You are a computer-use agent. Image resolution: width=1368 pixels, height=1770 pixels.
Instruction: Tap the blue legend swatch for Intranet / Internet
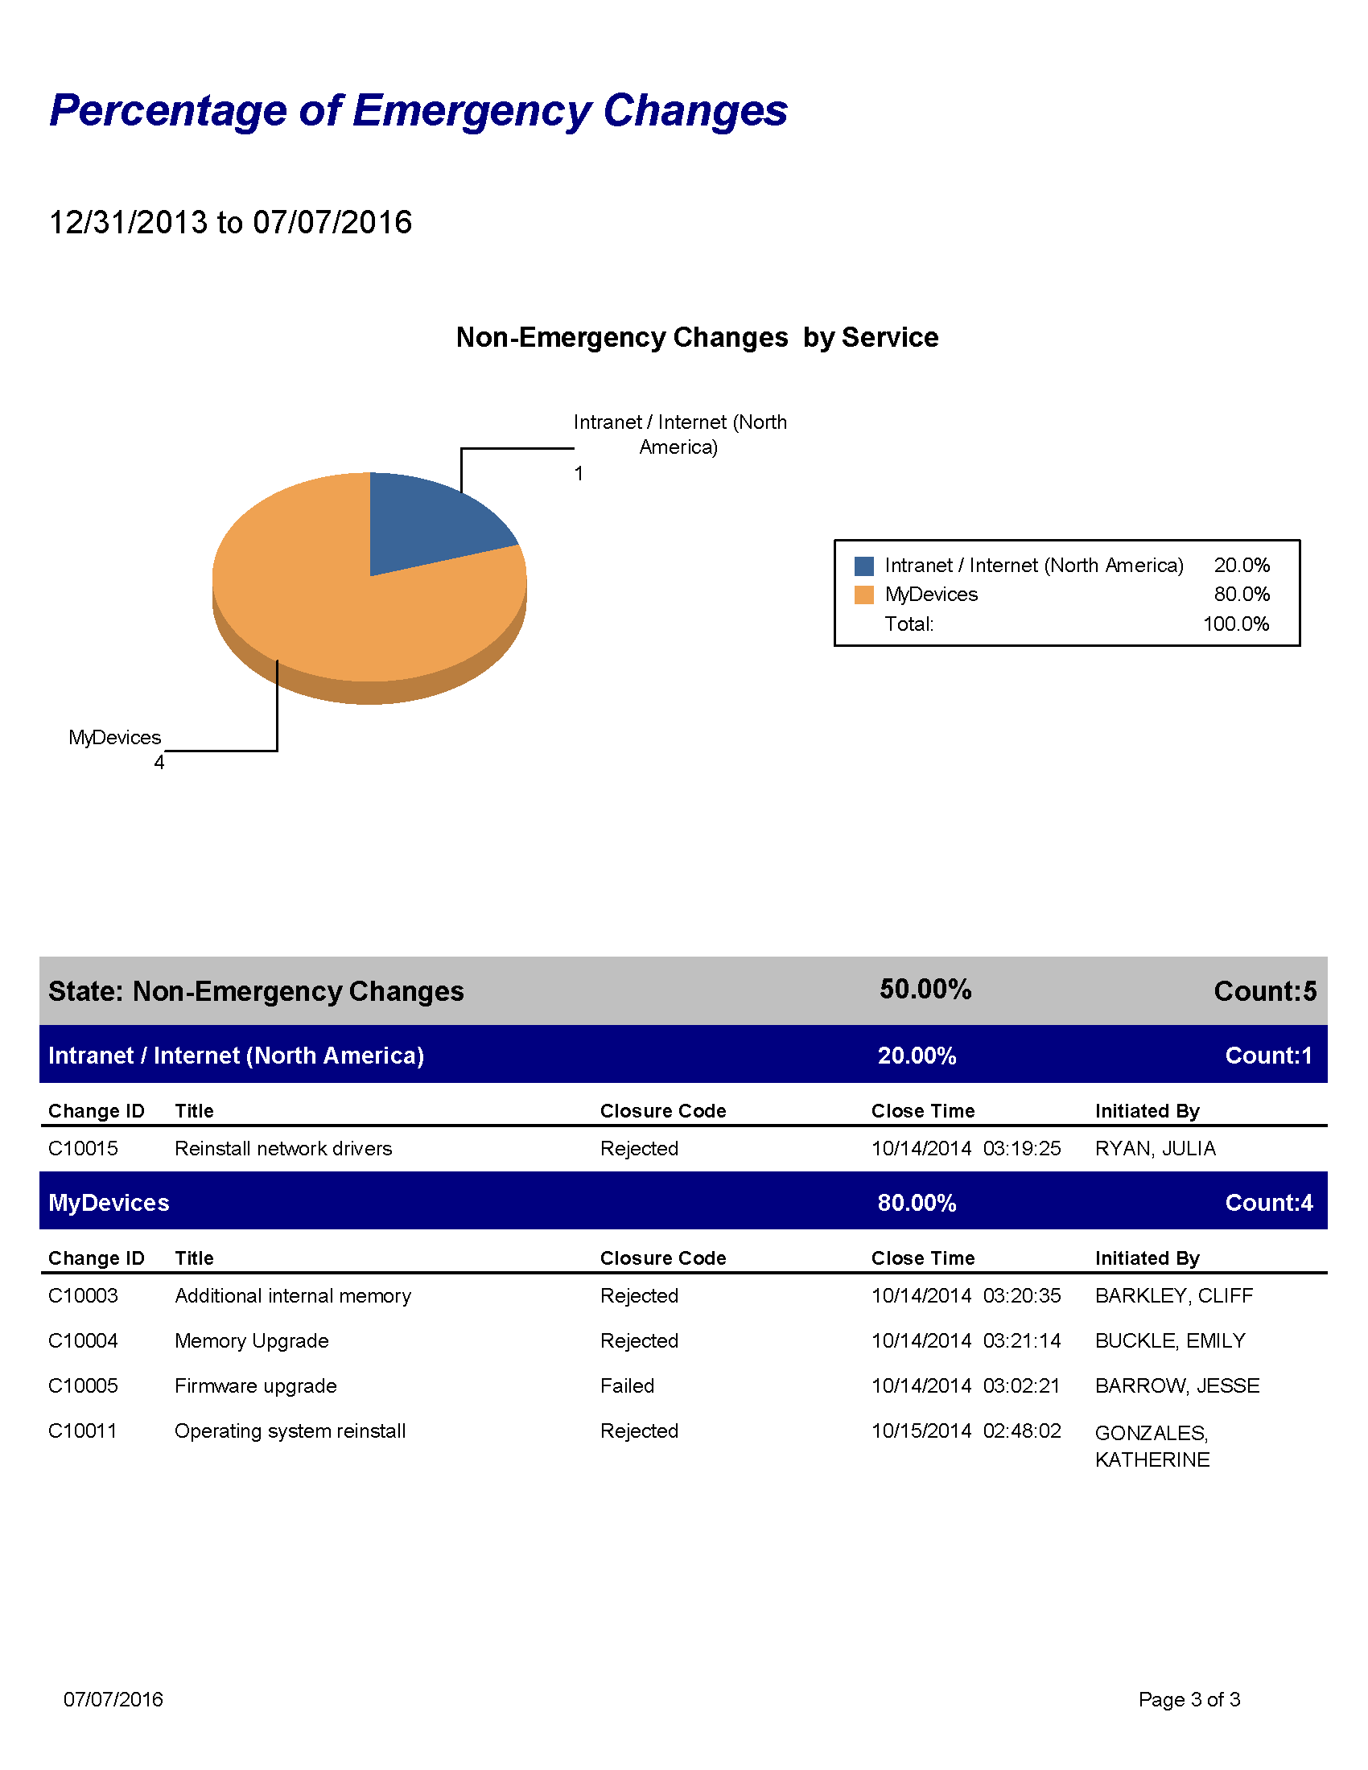pos(864,566)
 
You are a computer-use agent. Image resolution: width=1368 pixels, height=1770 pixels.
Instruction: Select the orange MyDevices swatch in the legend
pos(864,595)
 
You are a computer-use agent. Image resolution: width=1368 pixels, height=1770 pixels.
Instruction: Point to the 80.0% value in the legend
pos(1241,595)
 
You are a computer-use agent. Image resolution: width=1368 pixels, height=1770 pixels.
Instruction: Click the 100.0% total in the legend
pos(1235,624)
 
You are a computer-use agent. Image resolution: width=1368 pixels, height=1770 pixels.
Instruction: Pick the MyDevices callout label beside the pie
pos(115,738)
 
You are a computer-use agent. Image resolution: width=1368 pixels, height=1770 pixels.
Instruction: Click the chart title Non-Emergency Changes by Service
pos(697,337)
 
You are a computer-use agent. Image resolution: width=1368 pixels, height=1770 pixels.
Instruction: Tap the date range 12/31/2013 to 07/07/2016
pos(231,222)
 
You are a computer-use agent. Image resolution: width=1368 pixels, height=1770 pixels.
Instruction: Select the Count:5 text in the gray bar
pos(1264,991)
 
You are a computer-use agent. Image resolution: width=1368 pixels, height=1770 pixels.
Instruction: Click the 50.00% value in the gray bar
pos(925,990)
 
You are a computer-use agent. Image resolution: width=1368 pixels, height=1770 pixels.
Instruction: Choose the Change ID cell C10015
pos(84,1148)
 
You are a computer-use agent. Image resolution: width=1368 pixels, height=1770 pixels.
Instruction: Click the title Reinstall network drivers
pos(283,1148)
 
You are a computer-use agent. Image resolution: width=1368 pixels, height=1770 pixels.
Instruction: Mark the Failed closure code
pos(628,1386)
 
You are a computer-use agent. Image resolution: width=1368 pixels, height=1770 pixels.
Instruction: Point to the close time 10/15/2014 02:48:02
pos(966,1430)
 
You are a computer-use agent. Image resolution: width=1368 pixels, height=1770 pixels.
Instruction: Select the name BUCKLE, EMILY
pos(1169,1340)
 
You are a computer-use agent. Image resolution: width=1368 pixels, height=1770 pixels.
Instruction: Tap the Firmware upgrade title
pos(256,1386)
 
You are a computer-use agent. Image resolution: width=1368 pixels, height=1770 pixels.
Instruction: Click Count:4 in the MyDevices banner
pos(1268,1203)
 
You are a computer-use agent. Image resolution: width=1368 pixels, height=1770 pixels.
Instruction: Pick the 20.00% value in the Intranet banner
pos(917,1056)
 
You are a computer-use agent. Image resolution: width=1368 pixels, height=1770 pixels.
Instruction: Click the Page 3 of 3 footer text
pos(1189,1699)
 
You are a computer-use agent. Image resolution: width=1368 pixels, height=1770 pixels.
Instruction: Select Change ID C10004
pos(84,1340)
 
